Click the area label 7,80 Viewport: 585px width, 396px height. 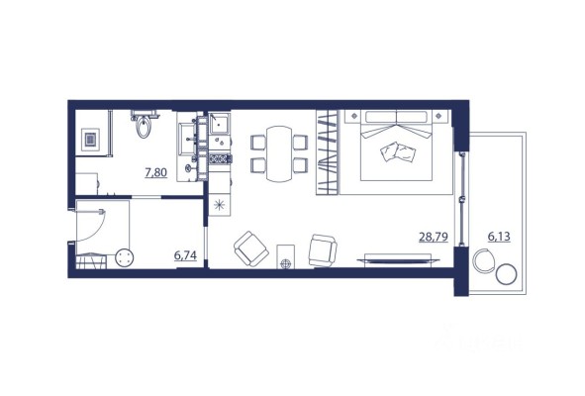pos(156,173)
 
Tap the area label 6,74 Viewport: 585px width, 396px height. pos(185,255)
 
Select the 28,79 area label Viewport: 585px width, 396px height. pos(434,237)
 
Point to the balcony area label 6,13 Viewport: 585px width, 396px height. pos(499,237)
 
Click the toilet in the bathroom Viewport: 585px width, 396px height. pos(144,126)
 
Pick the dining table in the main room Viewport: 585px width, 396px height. pos(279,153)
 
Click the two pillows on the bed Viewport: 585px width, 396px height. pos(398,152)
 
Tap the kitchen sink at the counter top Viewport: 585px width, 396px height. pos(220,124)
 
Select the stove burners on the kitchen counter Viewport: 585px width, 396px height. pos(220,159)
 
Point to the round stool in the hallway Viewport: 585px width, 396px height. pos(125,257)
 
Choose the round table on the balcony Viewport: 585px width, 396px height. pos(506,274)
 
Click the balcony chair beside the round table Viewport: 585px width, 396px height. pos(483,260)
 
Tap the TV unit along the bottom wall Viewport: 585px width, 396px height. pos(398,259)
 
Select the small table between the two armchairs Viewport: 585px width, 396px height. pos(285,256)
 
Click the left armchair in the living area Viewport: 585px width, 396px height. pos(251,248)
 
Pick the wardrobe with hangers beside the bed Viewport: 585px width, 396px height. pos(328,152)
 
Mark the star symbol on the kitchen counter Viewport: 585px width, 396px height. pos(220,205)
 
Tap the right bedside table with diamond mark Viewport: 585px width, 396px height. pos(439,117)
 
